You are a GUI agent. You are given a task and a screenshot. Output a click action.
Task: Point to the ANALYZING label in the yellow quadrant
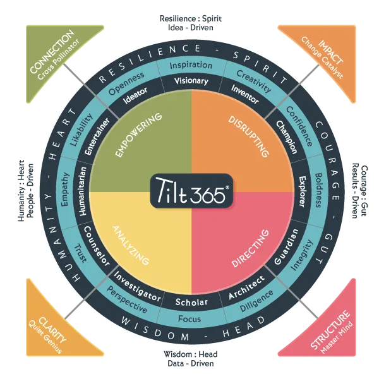point(132,243)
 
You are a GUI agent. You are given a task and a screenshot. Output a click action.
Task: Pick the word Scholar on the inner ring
point(191,301)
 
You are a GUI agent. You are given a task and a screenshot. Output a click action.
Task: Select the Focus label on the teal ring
point(189,319)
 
